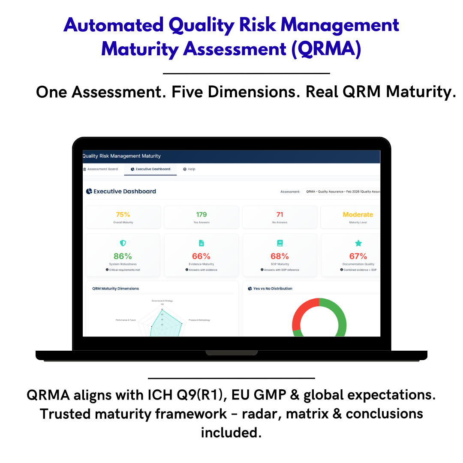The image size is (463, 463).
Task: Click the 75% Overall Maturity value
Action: pos(123,215)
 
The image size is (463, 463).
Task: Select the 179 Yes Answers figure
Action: pos(201,215)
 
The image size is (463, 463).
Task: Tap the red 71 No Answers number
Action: pos(280,215)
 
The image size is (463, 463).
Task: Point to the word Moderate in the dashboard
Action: pos(358,215)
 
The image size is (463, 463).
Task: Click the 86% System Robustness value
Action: pos(123,256)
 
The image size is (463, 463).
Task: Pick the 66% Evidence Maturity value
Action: pos(201,256)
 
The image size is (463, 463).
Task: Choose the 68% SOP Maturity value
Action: pos(280,256)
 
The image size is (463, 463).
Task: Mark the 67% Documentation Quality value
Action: pos(358,256)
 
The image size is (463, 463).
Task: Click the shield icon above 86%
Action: pos(123,243)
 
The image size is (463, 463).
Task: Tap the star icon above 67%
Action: pos(358,243)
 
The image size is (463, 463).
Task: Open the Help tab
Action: pos(189,169)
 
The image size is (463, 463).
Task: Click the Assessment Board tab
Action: pos(101,169)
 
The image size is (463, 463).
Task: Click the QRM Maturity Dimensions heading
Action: pos(115,289)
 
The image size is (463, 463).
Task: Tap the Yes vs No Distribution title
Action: pos(272,289)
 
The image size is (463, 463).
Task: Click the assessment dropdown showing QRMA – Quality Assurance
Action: pos(342,192)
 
